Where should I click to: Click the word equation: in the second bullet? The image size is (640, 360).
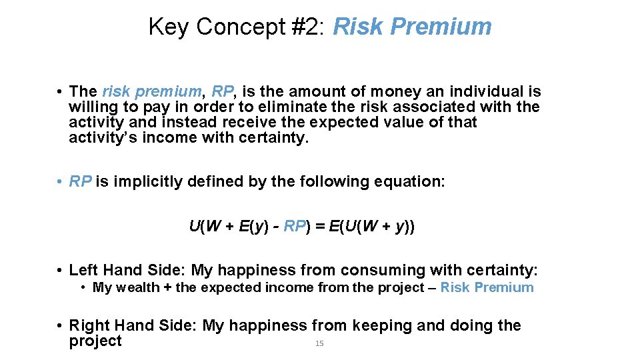[411, 181]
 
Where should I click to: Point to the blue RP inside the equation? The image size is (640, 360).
[294, 226]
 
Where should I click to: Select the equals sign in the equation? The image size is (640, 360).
[319, 226]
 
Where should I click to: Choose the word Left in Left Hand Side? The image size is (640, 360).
[83, 270]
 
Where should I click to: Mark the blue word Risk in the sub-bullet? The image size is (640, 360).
[455, 287]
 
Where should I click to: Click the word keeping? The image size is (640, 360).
[382, 325]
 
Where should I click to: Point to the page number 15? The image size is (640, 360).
[319, 343]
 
